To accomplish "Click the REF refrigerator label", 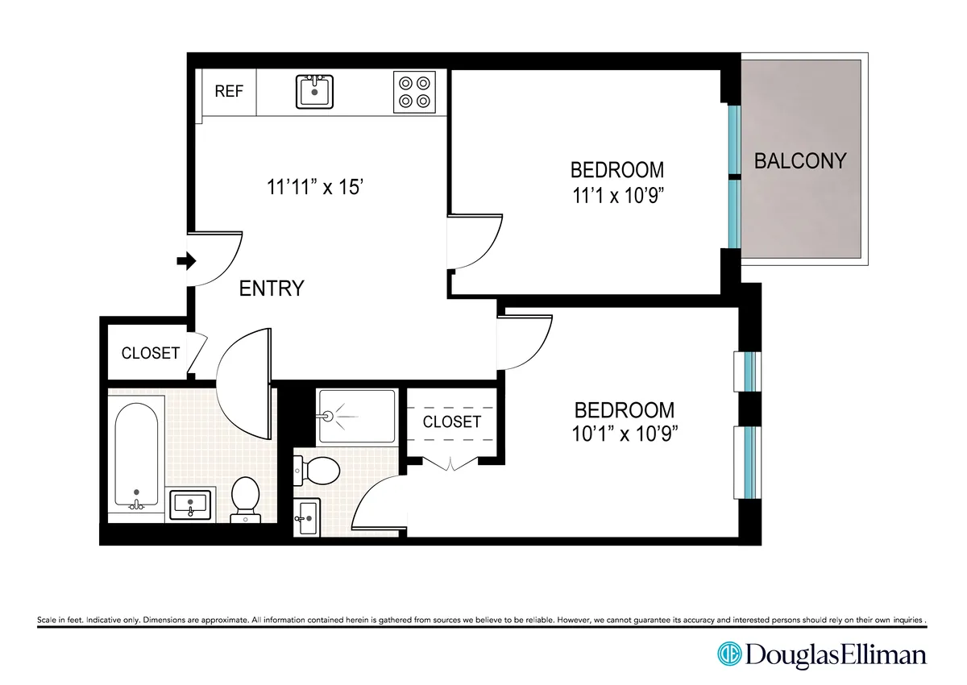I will pyautogui.click(x=229, y=91).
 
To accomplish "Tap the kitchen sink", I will pyautogui.click(x=315, y=91).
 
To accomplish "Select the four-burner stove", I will pyautogui.click(x=414, y=92).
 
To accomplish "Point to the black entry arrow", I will pyautogui.click(x=186, y=261).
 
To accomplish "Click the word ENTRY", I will pyautogui.click(x=272, y=288).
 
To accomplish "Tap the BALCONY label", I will pyautogui.click(x=800, y=160).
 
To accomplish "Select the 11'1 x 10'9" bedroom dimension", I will pyautogui.click(x=617, y=194).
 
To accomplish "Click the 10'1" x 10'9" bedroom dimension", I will pyautogui.click(x=623, y=433).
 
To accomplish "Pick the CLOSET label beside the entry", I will pyautogui.click(x=150, y=353).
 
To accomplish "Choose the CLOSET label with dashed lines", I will pyautogui.click(x=451, y=421).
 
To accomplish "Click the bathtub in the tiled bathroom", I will pyautogui.click(x=136, y=455).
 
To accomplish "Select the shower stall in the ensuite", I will pyautogui.click(x=356, y=416).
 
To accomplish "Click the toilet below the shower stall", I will pyautogui.click(x=319, y=471).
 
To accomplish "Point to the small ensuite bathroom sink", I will pyautogui.click(x=307, y=517).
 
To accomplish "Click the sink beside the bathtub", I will pyautogui.click(x=191, y=504).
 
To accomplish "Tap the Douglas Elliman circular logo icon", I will pyautogui.click(x=729, y=654).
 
